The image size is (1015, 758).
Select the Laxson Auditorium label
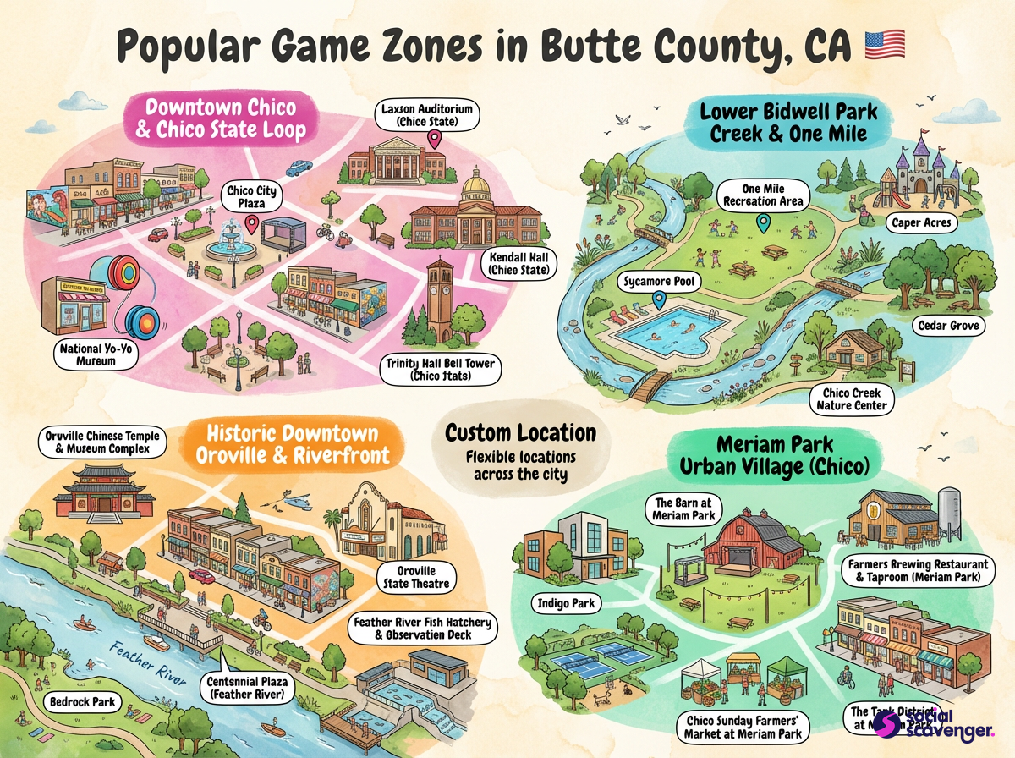pyautogui.click(x=426, y=115)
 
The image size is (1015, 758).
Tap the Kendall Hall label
pyautogui.click(x=518, y=264)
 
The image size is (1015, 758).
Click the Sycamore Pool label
pyautogui.click(x=660, y=282)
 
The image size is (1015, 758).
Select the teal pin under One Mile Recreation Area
pyautogui.click(x=764, y=223)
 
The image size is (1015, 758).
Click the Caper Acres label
pyautogui.click(x=921, y=223)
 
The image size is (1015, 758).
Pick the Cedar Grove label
pyautogui.click(x=947, y=325)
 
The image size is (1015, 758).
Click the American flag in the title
pyautogui.click(x=885, y=43)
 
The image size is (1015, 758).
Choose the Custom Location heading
pyautogui.click(x=520, y=433)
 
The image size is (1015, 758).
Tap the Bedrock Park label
pyautogui.click(x=82, y=702)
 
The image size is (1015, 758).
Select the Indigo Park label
pyautogui.click(x=567, y=604)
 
